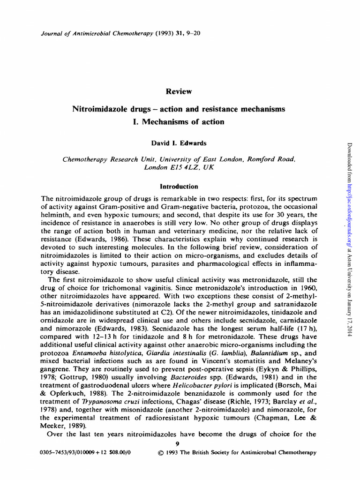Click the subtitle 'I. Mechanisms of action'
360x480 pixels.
pos(180,122)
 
